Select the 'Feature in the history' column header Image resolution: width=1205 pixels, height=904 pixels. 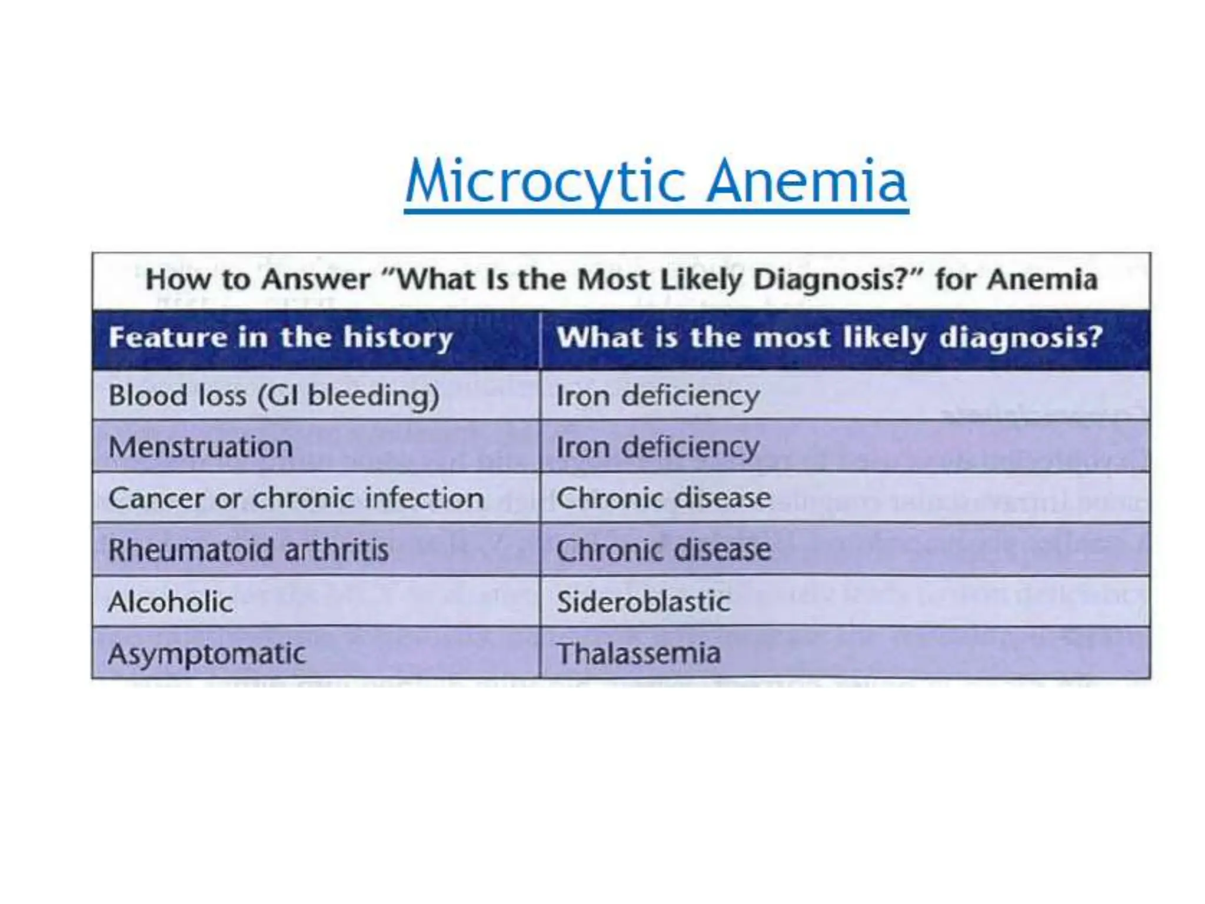tap(281, 338)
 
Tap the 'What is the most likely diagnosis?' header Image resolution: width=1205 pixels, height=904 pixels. tap(829, 338)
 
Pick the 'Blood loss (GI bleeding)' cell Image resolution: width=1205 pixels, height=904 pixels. tap(274, 395)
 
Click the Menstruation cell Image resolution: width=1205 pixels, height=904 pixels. tap(201, 447)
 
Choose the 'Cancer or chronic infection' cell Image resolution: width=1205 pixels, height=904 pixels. tap(296, 498)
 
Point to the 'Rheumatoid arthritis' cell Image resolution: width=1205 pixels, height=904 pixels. tap(248, 550)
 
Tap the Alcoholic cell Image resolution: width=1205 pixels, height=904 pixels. tap(171, 602)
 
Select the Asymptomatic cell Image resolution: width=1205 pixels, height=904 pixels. tap(207, 654)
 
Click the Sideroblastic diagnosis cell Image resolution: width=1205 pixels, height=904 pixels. tap(643, 602)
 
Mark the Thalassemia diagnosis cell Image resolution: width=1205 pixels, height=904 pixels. tap(638, 654)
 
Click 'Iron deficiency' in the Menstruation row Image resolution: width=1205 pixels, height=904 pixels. tap(658, 447)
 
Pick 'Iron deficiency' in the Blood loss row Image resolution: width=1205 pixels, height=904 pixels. tap(658, 395)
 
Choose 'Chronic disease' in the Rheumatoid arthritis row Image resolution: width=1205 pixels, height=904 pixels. tap(664, 550)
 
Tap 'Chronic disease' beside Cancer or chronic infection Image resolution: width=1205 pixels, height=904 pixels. tap(664, 498)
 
